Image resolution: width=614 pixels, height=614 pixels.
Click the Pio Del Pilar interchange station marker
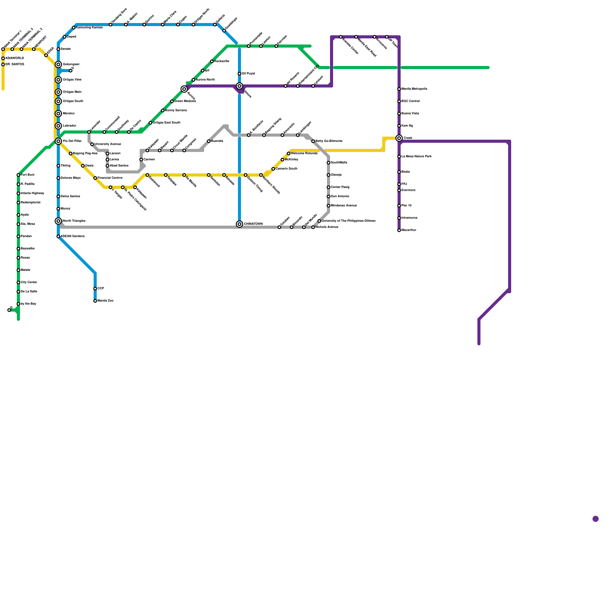point(58,141)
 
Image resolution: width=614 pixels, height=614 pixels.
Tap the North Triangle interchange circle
point(58,221)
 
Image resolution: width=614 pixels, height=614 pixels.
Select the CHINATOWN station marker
point(239,224)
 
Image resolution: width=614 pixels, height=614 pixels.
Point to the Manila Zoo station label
point(106,301)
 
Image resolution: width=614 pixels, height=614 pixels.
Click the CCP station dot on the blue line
point(95,289)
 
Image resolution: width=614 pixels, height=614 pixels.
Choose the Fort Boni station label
point(28,175)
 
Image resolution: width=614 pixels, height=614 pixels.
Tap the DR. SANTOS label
point(15,64)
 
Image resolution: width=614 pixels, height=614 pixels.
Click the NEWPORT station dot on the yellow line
point(34,49)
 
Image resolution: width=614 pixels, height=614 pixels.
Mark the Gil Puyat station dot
point(239,74)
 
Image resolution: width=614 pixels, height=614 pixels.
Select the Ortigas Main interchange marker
point(58,92)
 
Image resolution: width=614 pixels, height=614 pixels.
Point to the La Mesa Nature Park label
point(417,157)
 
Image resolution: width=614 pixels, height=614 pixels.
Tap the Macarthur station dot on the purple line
point(399,230)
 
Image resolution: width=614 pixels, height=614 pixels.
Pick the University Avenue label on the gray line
point(108,144)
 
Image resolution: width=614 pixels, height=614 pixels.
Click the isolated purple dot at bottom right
point(596,519)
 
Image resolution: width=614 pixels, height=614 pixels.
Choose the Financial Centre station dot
point(95,178)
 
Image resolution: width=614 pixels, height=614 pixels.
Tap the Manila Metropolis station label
point(414,89)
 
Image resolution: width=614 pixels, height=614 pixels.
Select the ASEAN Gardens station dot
point(58,236)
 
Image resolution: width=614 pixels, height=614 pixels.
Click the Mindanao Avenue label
point(344,206)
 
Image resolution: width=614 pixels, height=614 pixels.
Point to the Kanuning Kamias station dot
point(74,28)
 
